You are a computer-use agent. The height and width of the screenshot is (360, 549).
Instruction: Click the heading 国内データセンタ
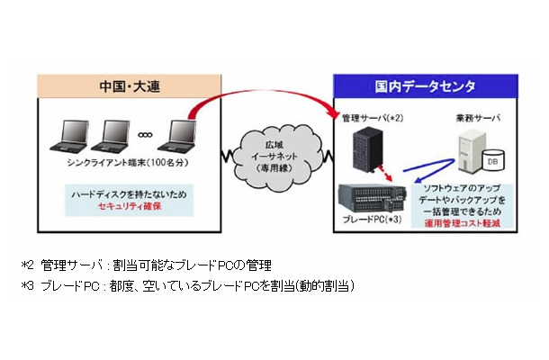[415, 88]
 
